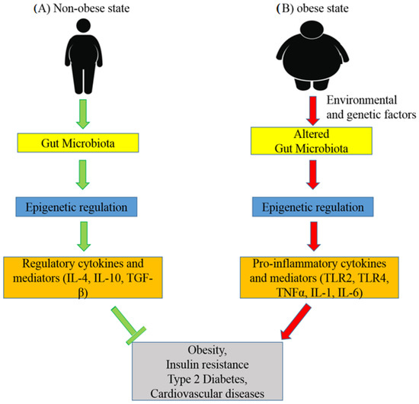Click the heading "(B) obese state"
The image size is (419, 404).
[314, 11]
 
